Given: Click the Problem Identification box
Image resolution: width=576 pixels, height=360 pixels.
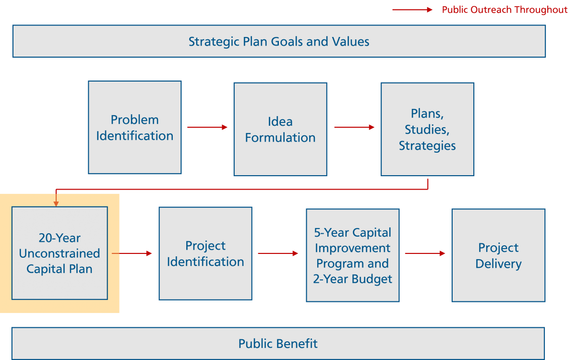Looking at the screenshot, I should (134, 127).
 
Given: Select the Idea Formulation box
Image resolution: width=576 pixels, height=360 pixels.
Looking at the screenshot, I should (280, 129).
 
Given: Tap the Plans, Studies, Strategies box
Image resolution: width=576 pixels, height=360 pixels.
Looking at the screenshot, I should (427, 129).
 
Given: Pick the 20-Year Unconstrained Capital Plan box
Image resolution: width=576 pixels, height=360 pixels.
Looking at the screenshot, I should (60, 253).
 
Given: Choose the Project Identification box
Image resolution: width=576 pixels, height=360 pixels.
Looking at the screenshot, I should (205, 253).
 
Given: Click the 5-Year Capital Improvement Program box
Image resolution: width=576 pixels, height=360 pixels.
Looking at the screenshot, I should (353, 255).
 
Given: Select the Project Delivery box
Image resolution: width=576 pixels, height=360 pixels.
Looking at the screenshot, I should (498, 255).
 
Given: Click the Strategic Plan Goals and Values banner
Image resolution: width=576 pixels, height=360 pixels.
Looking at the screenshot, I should (279, 41).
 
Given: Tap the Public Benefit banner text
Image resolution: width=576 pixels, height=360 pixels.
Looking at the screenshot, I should (278, 344).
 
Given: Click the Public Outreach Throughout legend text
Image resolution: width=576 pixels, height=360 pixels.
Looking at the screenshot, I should (504, 10).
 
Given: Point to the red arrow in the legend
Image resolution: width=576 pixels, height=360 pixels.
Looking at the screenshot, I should (412, 10).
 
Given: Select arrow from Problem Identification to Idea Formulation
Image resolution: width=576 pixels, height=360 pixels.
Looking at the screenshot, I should (207, 127).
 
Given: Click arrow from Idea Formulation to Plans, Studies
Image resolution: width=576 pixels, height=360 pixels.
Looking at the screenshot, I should (354, 127).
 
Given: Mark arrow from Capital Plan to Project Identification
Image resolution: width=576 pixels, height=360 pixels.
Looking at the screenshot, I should (132, 253).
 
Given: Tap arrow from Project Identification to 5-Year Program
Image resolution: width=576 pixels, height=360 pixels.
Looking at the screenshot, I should (278, 253).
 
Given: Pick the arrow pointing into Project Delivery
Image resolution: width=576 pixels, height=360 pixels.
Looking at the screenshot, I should (425, 253).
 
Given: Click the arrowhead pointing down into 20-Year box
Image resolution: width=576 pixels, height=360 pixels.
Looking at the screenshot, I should (56, 203).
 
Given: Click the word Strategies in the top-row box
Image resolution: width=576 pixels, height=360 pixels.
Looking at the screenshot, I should (427, 145).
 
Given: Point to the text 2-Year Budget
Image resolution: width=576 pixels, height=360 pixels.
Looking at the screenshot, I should (353, 279).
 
